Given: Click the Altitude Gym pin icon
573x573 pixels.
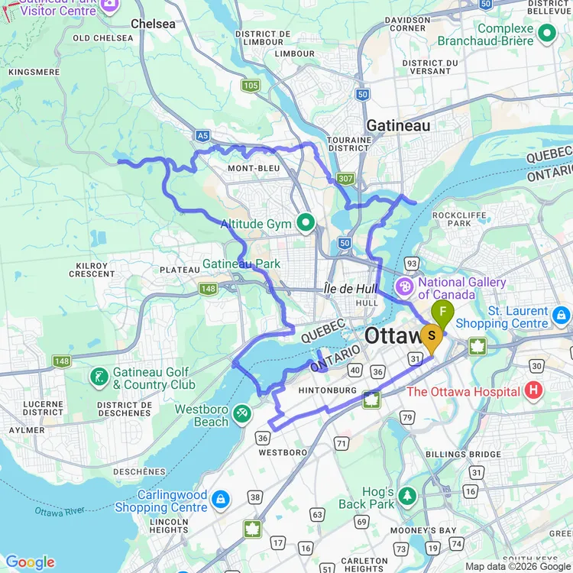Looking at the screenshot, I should (306, 224).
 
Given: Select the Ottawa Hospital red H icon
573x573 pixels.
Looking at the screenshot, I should (534, 391).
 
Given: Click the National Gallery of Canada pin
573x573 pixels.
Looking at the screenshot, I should (403, 287).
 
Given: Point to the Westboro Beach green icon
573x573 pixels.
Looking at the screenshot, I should (241, 413).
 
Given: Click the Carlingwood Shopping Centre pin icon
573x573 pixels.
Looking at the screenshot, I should (220, 499).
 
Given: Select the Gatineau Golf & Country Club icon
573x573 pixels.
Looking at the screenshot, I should (99, 376).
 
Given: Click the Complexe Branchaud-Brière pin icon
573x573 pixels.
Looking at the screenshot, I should (547, 33).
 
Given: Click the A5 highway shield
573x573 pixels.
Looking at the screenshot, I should (202, 135).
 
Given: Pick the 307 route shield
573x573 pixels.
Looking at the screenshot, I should (346, 178).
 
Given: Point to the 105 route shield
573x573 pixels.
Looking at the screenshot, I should (250, 85).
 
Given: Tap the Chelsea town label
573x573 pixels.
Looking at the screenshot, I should (153, 24).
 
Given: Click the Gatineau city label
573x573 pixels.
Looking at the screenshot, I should (397, 125).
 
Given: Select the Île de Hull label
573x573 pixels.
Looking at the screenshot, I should (351, 288).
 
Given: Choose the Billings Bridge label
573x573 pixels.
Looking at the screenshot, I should (474, 454).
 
